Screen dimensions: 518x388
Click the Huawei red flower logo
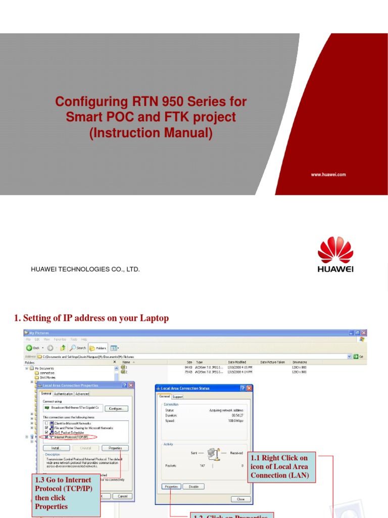click(335, 250)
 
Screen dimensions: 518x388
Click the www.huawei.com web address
click(328, 175)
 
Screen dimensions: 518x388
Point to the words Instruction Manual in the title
click(151, 134)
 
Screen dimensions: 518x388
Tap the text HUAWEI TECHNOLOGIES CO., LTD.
click(85, 270)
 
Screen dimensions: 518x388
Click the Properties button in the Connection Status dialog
click(171, 487)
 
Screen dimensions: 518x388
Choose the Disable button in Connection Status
click(193, 487)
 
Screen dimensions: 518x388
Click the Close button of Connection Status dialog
click(240, 499)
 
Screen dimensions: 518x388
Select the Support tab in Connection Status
click(178, 397)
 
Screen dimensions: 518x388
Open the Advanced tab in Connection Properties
click(82, 394)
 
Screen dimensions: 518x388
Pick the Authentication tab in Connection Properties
click(64, 394)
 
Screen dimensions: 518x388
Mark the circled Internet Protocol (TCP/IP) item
click(70, 437)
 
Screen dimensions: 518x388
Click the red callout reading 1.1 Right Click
click(281, 467)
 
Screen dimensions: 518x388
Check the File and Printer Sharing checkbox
click(46, 427)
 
